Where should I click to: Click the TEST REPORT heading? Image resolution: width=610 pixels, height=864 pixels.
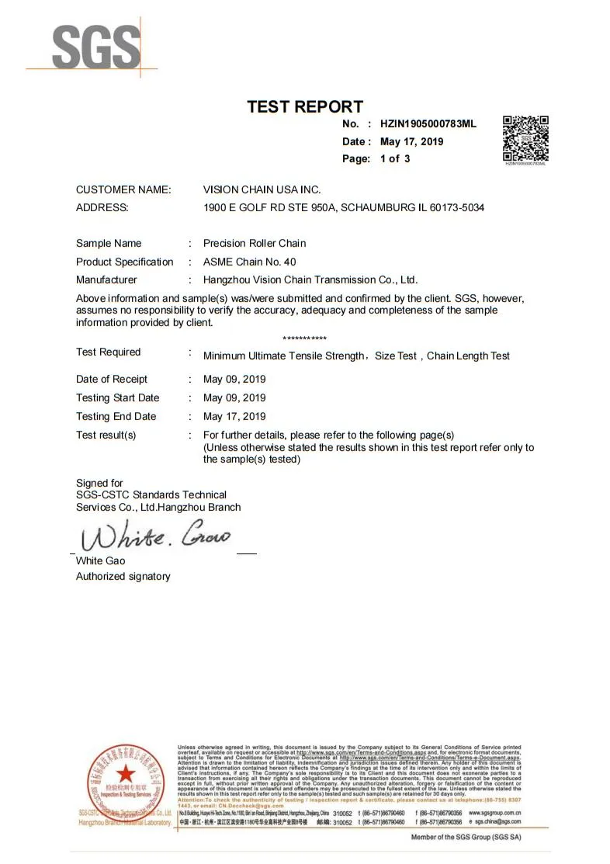(x=305, y=107)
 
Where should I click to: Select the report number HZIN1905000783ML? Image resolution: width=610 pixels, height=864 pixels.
(x=428, y=123)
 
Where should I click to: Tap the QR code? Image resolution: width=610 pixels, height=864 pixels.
(x=525, y=138)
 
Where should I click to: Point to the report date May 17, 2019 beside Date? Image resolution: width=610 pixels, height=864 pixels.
(x=411, y=141)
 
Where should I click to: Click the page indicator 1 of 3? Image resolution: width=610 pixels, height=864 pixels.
(x=395, y=158)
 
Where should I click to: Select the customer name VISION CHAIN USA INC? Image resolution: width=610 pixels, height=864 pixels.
(x=262, y=189)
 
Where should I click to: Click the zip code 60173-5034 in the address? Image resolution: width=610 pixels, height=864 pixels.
(x=457, y=207)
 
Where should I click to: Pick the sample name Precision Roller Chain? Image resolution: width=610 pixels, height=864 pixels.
(x=255, y=243)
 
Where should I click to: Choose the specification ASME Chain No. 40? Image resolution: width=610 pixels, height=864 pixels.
(x=249, y=262)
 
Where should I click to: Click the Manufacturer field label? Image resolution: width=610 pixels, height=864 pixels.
(x=106, y=279)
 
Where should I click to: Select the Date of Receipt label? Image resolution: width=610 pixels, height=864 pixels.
(x=112, y=379)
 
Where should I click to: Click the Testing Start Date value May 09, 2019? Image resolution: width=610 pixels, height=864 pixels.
(x=234, y=397)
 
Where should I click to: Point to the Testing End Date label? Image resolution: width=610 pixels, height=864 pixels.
(x=116, y=416)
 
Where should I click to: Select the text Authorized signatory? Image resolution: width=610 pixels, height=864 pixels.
(x=123, y=576)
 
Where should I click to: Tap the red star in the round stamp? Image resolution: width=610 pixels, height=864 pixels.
(x=123, y=774)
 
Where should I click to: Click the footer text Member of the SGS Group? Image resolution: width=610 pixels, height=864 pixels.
(x=466, y=837)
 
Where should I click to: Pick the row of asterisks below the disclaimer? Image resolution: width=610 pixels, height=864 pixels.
(x=304, y=338)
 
